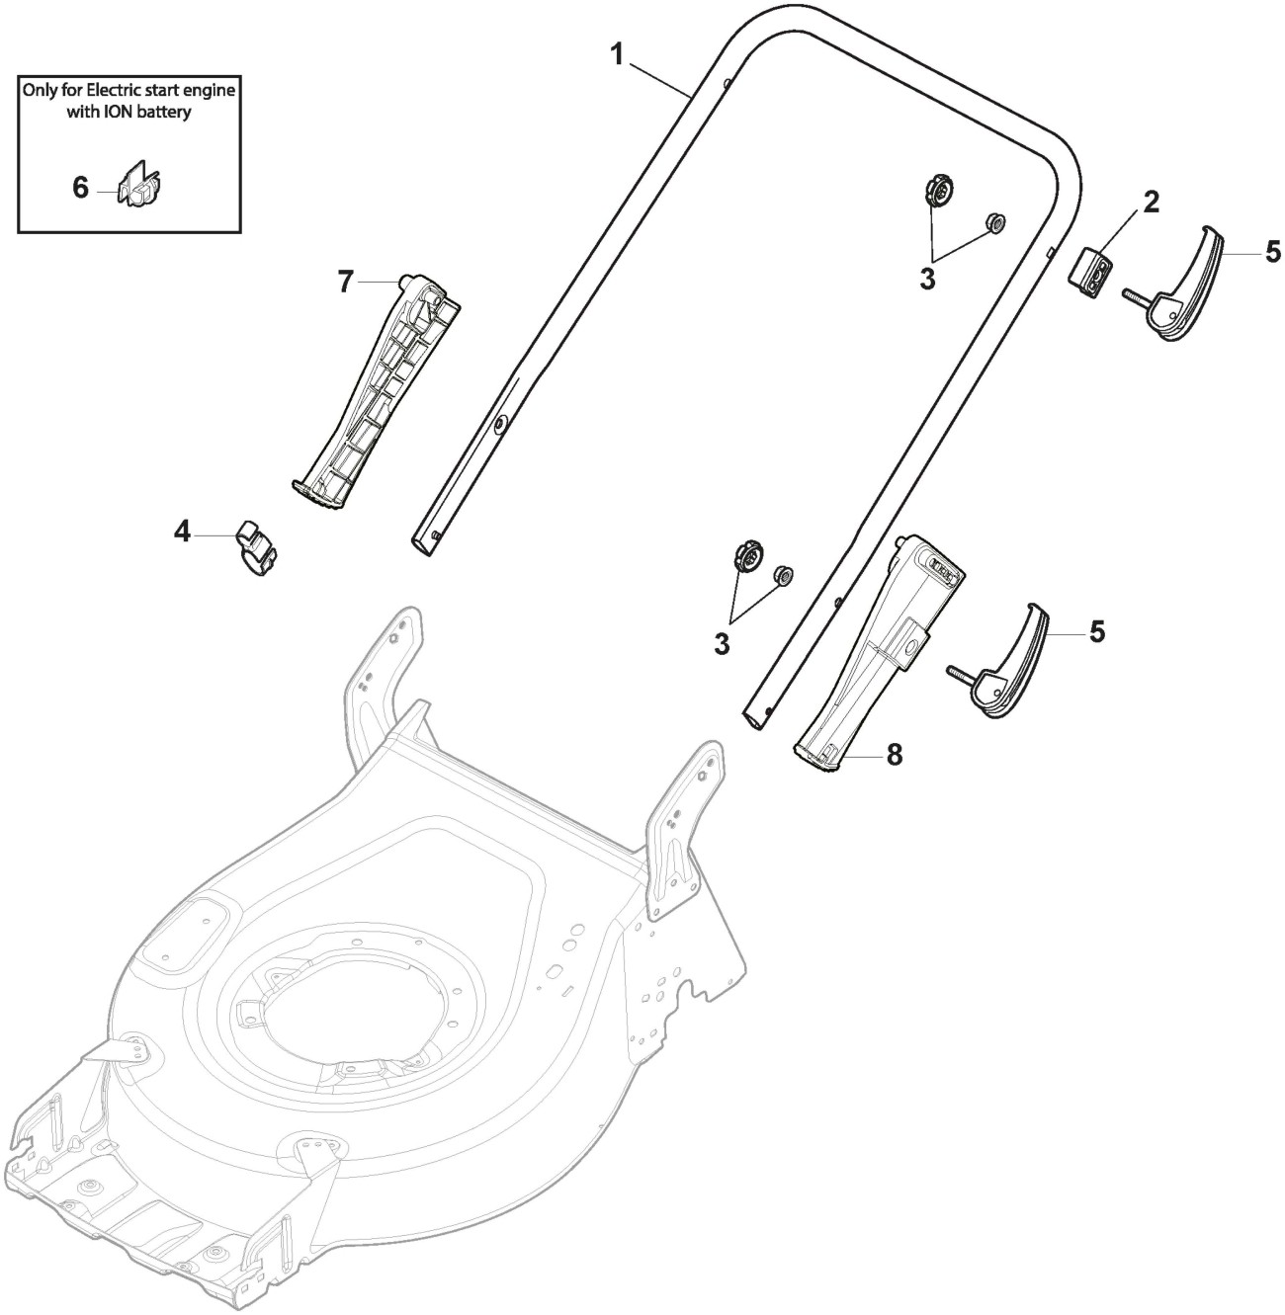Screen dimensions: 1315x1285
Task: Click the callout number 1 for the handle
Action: pyautogui.click(x=617, y=54)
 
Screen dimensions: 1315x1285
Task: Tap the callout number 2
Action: pyautogui.click(x=1152, y=203)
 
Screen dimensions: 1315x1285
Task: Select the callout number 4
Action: pyautogui.click(x=182, y=533)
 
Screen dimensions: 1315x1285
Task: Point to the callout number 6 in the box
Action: pyautogui.click(x=80, y=187)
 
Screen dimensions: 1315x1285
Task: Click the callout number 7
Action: pyautogui.click(x=345, y=283)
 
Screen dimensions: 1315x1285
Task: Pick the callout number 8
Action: pyautogui.click(x=894, y=755)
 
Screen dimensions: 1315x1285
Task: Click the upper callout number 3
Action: pyautogui.click(x=927, y=280)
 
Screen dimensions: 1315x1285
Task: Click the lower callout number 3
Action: pyautogui.click(x=722, y=644)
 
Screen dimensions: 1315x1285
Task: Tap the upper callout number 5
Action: pyautogui.click(x=1272, y=251)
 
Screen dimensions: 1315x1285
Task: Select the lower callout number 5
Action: pyautogui.click(x=1097, y=631)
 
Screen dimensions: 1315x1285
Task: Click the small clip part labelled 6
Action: pyautogui.click(x=140, y=186)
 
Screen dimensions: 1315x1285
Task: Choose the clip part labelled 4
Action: pyautogui.click(x=255, y=546)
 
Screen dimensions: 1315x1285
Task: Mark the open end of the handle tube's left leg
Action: pyautogui.click(x=425, y=542)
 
